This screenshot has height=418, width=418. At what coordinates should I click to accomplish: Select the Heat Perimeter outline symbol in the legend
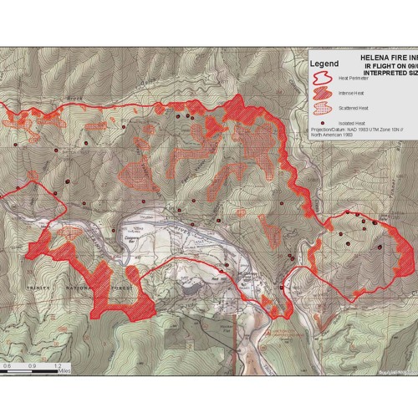(x=322, y=79)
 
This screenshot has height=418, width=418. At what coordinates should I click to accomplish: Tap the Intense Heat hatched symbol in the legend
(x=322, y=94)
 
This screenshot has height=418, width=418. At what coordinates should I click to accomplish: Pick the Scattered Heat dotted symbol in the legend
(x=322, y=108)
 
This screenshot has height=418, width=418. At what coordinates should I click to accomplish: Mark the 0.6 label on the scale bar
(x=7, y=366)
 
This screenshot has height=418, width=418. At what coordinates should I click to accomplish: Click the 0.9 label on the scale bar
(x=33, y=366)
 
